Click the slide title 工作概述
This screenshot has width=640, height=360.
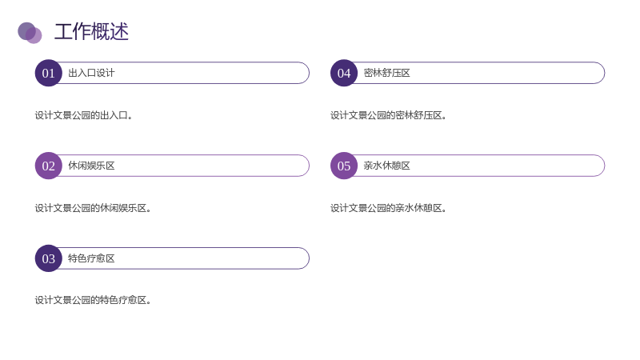click(91, 32)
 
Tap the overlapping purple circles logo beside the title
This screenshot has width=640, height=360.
click(30, 33)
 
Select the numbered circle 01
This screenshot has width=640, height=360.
click(49, 73)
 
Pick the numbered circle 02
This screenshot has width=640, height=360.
click(49, 166)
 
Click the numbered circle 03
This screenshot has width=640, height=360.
click(49, 258)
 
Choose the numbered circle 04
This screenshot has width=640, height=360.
click(344, 73)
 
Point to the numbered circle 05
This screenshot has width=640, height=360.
click(344, 166)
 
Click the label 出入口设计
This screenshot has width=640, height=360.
click(91, 73)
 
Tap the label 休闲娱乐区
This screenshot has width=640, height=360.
click(91, 166)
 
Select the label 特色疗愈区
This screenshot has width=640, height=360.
click(91, 258)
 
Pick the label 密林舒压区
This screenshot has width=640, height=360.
click(387, 73)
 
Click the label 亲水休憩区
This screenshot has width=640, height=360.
click(387, 166)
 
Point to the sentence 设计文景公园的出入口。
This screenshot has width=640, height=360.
click(84, 115)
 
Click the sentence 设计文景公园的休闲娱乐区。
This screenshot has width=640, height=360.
click(93, 208)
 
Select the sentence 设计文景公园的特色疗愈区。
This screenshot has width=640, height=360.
click(93, 301)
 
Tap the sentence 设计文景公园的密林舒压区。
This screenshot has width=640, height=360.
click(389, 115)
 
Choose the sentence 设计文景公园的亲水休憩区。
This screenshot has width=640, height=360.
click(389, 208)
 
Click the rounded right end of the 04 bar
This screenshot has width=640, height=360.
click(605, 73)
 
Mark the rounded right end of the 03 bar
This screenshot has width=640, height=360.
click(309, 258)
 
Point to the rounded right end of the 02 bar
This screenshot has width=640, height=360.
click(309, 166)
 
